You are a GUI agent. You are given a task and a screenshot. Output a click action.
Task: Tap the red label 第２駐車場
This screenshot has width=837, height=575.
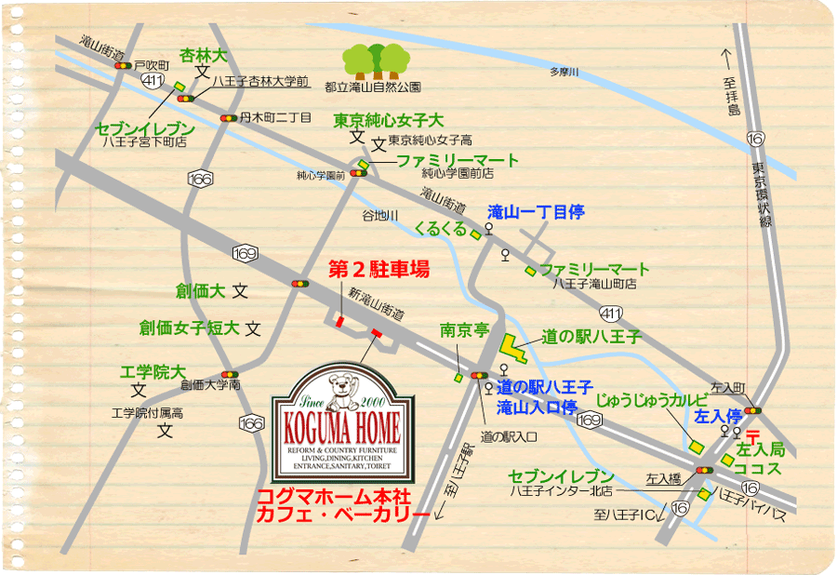tap(379, 270)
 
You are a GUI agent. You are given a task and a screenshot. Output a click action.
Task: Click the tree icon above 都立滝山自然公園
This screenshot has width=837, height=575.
tap(376, 61)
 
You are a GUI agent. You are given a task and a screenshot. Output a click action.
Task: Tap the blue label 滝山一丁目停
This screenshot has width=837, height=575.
tap(536, 213)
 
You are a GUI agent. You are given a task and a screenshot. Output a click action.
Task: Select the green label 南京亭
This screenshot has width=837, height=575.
tap(464, 330)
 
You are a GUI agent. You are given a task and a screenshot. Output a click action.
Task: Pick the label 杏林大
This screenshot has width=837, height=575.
tap(203, 55)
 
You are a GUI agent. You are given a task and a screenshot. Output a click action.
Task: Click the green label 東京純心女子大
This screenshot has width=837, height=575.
tap(390, 121)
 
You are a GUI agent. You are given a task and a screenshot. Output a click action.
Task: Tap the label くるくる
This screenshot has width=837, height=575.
tap(441, 227)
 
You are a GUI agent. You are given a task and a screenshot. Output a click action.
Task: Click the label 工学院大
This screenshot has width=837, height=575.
tap(153, 372)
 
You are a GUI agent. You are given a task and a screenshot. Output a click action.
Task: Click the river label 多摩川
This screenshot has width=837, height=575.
tap(563, 73)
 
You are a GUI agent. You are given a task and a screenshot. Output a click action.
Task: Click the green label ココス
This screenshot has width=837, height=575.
tap(757, 468)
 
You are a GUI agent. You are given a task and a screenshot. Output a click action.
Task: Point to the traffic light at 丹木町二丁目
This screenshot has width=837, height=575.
tap(227, 118)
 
